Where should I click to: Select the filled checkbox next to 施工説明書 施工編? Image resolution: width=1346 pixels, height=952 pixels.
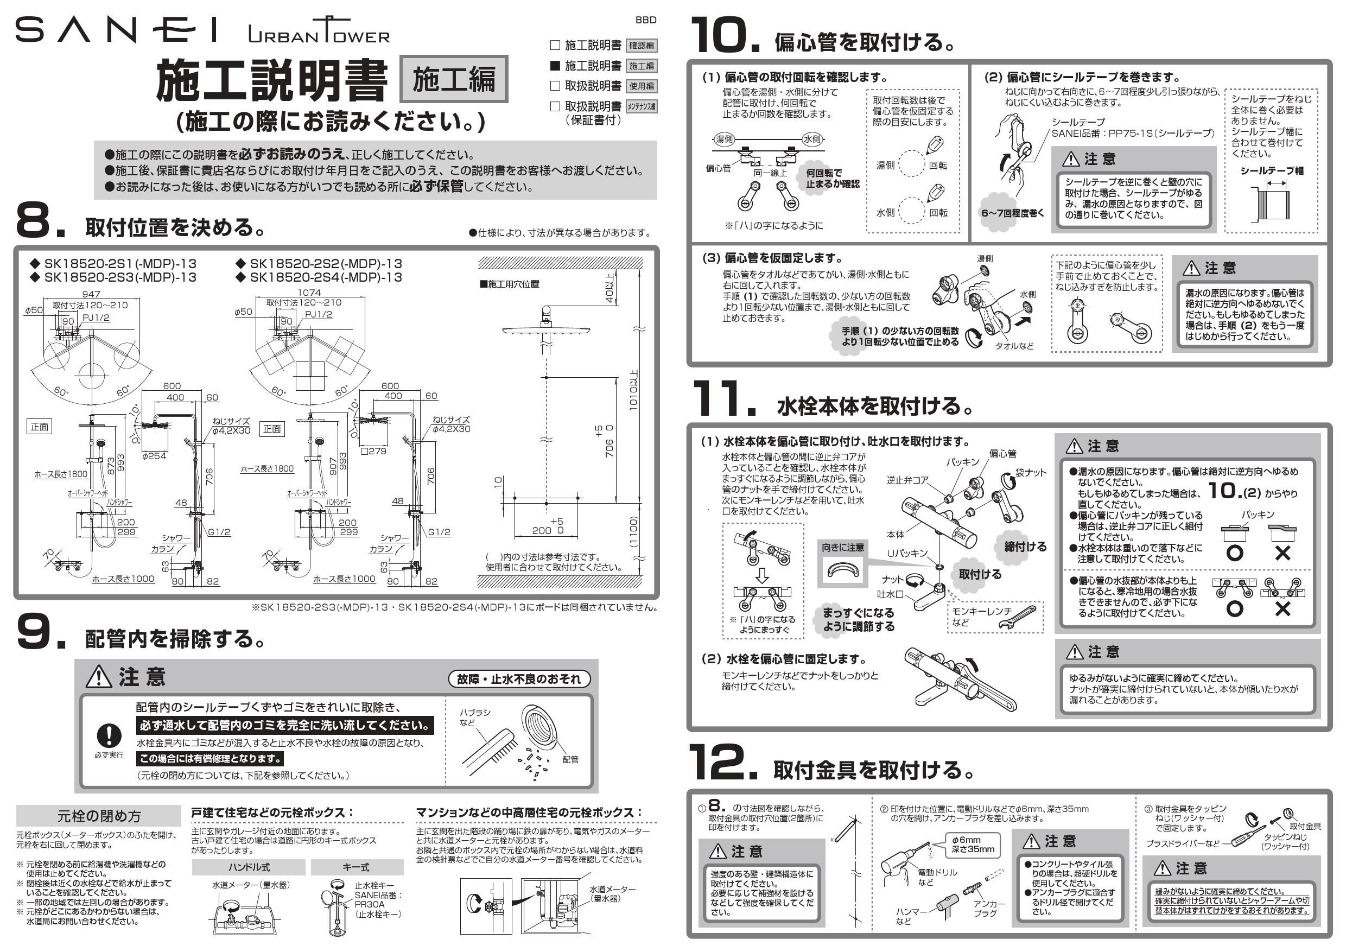(555, 66)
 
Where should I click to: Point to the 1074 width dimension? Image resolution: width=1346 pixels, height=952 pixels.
(309, 292)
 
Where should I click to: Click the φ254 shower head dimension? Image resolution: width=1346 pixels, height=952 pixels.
(154, 455)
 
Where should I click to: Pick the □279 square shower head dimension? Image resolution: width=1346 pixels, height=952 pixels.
(373, 451)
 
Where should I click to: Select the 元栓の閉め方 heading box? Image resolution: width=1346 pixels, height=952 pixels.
(98, 816)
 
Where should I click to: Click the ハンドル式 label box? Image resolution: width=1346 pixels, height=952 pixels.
(249, 867)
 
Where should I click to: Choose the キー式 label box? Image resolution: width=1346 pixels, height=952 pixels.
(357, 867)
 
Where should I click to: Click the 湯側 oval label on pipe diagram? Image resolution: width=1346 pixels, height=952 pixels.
(724, 139)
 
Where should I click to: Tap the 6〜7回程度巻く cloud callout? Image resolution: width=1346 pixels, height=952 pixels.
(1012, 213)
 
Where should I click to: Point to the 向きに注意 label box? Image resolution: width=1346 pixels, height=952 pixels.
(843, 547)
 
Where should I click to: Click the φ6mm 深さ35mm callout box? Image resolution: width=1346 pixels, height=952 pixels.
(973, 845)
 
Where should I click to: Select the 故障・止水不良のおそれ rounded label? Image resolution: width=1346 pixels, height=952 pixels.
(519, 679)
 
